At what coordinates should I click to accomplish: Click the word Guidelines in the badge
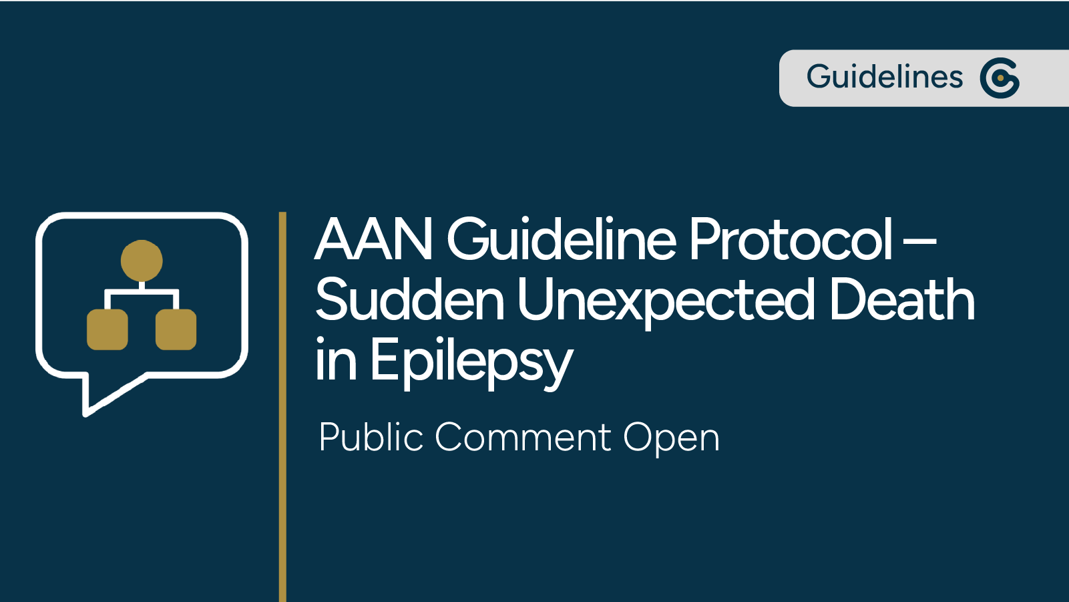click(x=884, y=77)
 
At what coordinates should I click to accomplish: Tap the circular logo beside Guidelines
click(x=1000, y=78)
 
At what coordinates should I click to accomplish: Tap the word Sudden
click(x=409, y=300)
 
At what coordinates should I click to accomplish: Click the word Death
click(x=901, y=300)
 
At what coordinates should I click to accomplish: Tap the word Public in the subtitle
click(x=371, y=438)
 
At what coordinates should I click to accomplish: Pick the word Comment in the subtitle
click(x=523, y=438)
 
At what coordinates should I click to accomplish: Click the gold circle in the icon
click(x=142, y=261)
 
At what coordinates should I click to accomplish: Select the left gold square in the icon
click(x=108, y=329)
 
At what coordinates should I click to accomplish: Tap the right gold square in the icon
click(x=176, y=329)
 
